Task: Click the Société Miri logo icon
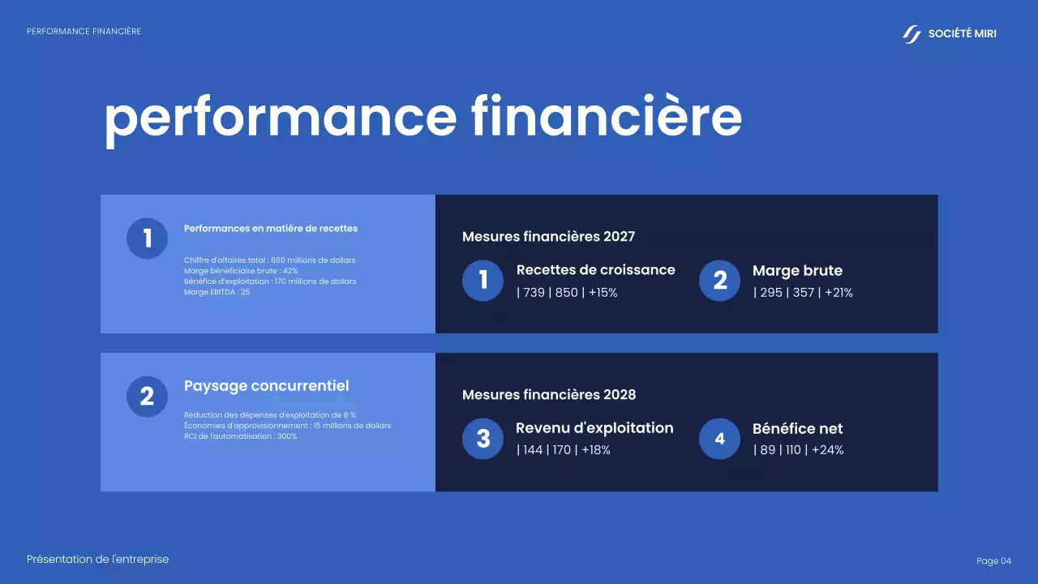(x=912, y=34)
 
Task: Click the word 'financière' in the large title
(x=607, y=117)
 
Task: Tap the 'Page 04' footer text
(x=993, y=561)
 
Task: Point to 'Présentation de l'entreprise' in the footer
(x=97, y=560)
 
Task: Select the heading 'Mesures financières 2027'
(x=548, y=237)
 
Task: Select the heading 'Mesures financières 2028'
(x=549, y=395)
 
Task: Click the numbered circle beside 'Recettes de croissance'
(x=483, y=281)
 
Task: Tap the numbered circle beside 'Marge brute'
(x=719, y=281)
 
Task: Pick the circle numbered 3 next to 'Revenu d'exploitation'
(x=483, y=439)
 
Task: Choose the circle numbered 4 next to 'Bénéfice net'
(x=719, y=439)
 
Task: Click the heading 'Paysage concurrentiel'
(x=266, y=386)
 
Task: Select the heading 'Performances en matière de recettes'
(x=271, y=229)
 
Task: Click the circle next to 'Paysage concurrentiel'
(x=147, y=397)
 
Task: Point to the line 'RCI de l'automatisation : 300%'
(x=240, y=436)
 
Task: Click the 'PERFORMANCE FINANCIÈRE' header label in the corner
(x=84, y=32)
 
